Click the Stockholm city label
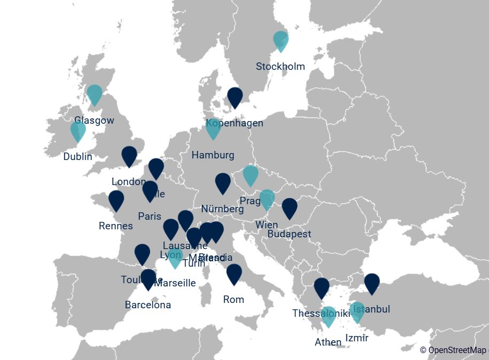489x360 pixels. click(x=280, y=67)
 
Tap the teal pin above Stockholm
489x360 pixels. click(x=280, y=40)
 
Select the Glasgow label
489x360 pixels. click(x=94, y=121)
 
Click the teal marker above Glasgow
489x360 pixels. click(x=94, y=94)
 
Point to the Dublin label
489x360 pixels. click(x=78, y=157)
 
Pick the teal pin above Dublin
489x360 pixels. click(x=78, y=131)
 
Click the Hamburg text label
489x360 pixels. click(x=212, y=155)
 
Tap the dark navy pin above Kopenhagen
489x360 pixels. click(x=235, y=97)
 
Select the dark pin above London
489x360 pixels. click(x=129, y=155)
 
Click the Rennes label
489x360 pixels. click(x=116, y=226)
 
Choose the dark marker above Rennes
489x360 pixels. click(x=116, y=200)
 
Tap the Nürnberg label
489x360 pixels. click(x=223, y=209)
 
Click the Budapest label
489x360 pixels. click(x=289, y=234)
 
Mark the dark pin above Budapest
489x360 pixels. click(x=289, y=207)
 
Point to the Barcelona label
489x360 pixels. click(x=148, y=305)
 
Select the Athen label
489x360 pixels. click(x=328, y=342)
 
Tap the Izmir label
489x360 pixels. click(x=357, y=338)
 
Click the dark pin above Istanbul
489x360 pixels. click(x=372, y=283)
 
